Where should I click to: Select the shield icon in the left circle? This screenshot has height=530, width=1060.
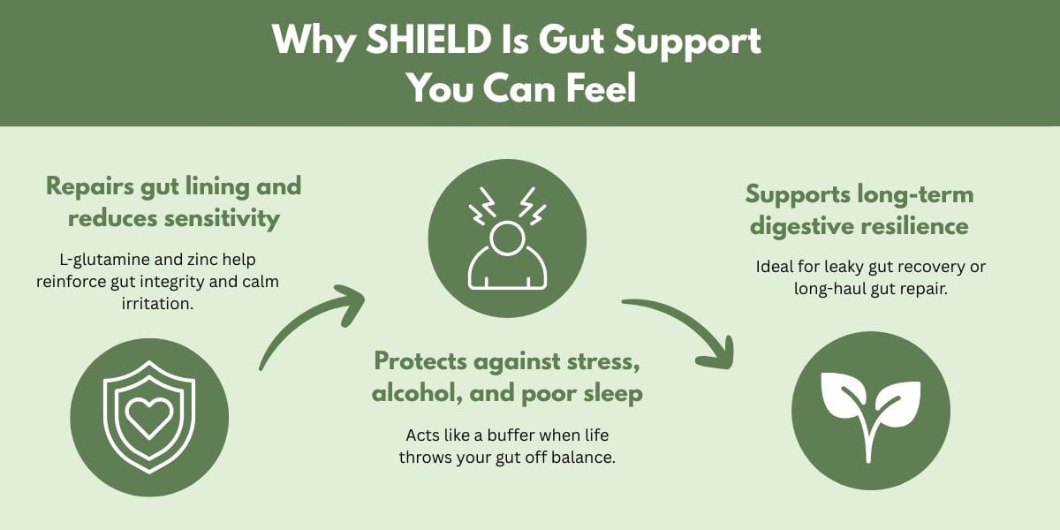point(149,417)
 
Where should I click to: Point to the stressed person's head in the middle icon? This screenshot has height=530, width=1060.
point(507,238)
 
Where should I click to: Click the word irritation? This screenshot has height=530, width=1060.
point(157,303)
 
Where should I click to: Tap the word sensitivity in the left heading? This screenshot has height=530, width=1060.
point(222,219)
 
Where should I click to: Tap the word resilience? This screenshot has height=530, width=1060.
point(914,226)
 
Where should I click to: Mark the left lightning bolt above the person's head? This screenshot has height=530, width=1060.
point(481,206)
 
